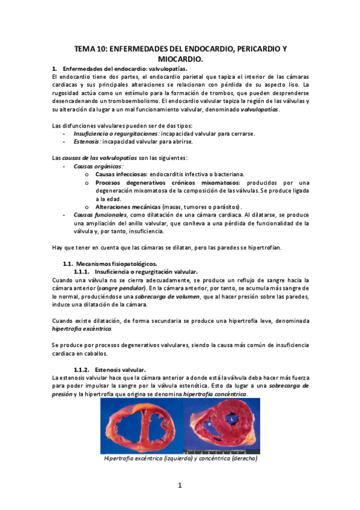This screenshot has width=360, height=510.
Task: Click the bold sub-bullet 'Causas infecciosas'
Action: click(x=121, y=174)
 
